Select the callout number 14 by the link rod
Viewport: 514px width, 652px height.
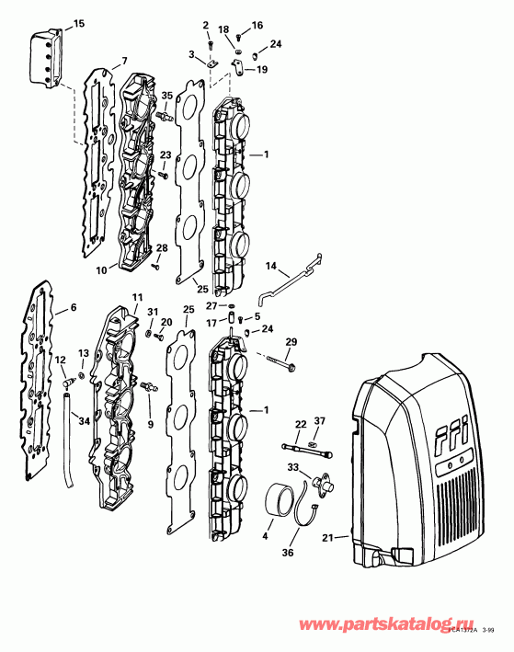[x=271, y=266]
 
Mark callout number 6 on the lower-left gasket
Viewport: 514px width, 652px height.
[x=74, y=309]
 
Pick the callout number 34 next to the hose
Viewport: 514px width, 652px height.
[x=85, y=422]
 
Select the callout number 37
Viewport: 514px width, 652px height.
[x=319, y=420]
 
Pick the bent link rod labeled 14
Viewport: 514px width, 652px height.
[x=287, y=279]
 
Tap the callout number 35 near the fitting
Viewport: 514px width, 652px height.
[x=167, y=96]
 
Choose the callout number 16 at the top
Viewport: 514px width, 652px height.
[x=257, y=25]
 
